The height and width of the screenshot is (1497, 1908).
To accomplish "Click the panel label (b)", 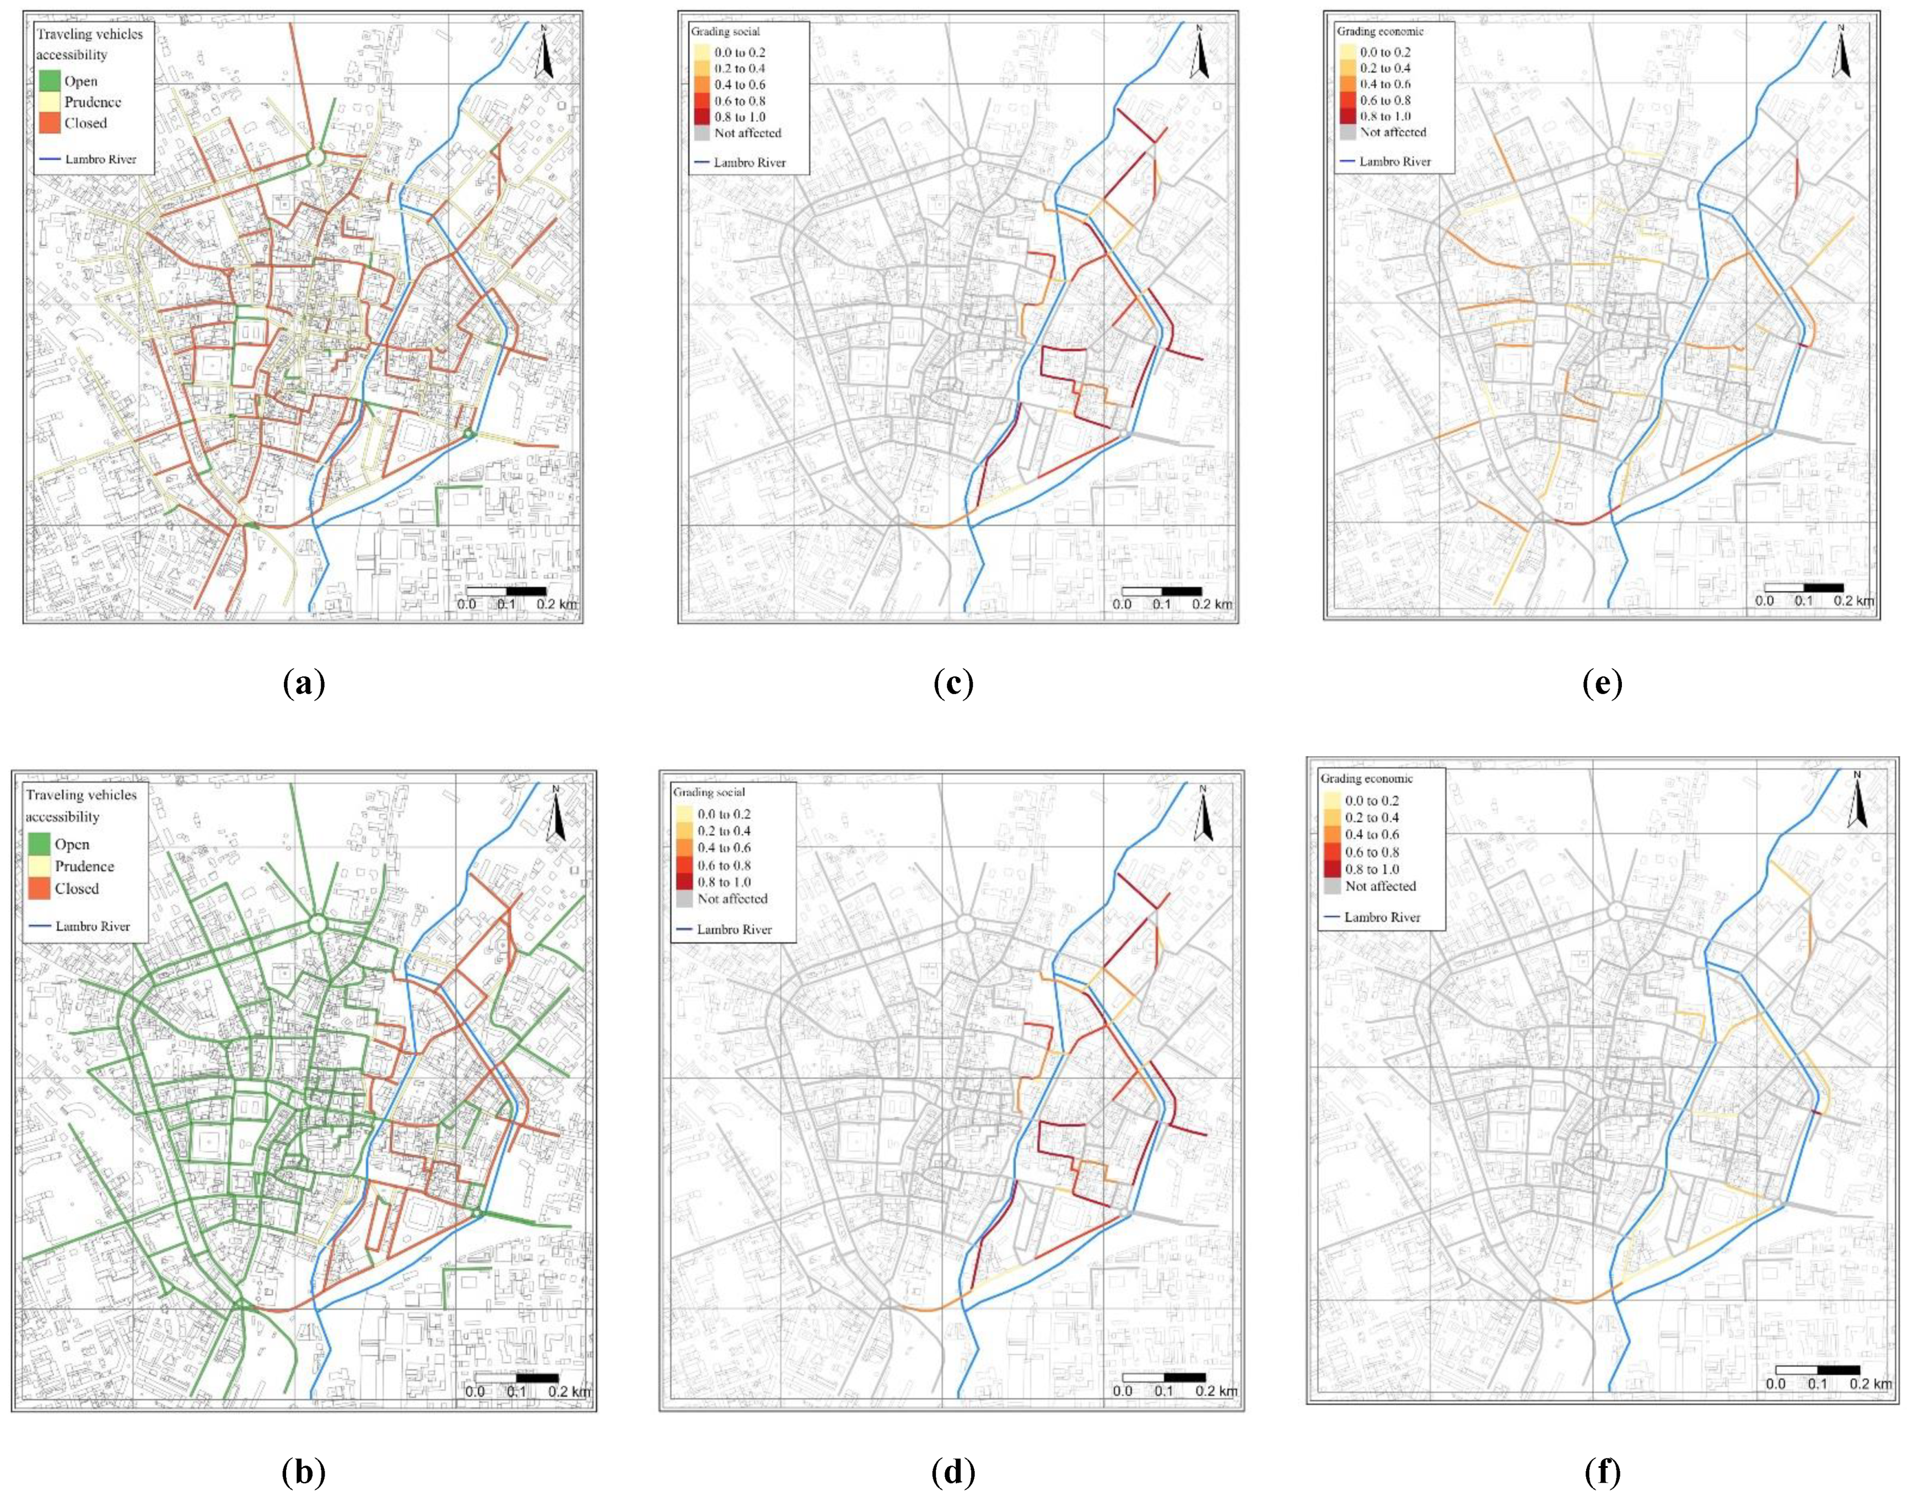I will click(304, 1472).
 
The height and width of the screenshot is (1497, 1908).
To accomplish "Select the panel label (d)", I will click(953, 1472).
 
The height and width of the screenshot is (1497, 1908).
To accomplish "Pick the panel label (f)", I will click(1603, 1472).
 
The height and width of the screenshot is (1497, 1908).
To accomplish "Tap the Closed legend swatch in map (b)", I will click(39, 888).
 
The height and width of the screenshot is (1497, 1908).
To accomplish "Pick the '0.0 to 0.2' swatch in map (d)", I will click(684, 814).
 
